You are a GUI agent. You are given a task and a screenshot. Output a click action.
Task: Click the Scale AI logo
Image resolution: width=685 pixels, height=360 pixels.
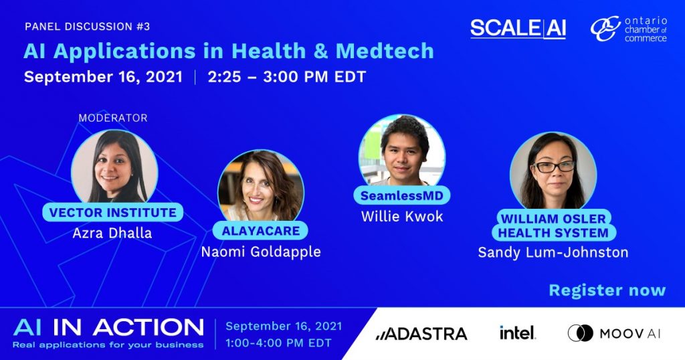pyautogui.click(x=518, y=29)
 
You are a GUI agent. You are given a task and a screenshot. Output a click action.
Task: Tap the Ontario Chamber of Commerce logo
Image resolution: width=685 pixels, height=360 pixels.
pyautogui.click(x=629, y=29)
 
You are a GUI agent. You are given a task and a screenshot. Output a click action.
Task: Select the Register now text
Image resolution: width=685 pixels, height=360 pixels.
pyautogui.click(x=607, y=290)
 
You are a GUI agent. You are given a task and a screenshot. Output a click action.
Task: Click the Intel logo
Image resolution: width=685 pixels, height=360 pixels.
pyautogui.click(x=517, y=333)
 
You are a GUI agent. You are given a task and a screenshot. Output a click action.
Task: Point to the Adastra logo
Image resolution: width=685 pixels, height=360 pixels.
pyautogui.click(x=421, y=334)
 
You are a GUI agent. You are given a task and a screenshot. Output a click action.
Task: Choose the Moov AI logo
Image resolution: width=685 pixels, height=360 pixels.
pyautogui.click(x=614, y=333)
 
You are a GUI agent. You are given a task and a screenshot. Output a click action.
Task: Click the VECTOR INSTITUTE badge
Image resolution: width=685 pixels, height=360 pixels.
pyautogui.click(x=112, y=213)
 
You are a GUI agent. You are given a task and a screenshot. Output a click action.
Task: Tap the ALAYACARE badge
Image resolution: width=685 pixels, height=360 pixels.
pyautogui.click(x=261, y=231)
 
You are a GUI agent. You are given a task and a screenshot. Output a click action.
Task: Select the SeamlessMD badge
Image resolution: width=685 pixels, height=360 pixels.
pyautogui.click(x=402, y=195)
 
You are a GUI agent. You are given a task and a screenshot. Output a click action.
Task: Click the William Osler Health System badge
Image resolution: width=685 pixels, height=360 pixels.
pyautogui.click(x=553, y=226)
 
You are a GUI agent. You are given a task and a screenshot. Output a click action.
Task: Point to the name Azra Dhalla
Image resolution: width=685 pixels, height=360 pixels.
pyautogui.click(x=112, y=233)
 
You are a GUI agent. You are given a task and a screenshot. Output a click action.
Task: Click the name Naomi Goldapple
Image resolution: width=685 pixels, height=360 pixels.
pyautogui.click(x=261, y=252)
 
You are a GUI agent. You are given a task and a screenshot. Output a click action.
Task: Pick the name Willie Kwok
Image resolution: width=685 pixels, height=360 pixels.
pyautogui.click(x=402, y=216)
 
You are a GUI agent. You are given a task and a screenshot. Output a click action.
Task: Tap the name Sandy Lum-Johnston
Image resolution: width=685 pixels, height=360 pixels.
pyautogui.click(x=553, y=252)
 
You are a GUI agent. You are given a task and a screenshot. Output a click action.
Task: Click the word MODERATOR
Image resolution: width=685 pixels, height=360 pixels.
pyautogui.click(x=113, y=118)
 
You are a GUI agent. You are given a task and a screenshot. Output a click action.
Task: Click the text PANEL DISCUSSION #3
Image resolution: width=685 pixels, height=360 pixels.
pyautogui.click(x=88, y=27)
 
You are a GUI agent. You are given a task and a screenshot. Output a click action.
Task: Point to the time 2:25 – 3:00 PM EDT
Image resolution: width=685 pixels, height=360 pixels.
pyautogui.click(x=286, y=77)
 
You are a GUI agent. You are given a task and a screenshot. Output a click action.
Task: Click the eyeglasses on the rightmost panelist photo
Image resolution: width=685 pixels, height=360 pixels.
pyautogui.click(x=554, y=167)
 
